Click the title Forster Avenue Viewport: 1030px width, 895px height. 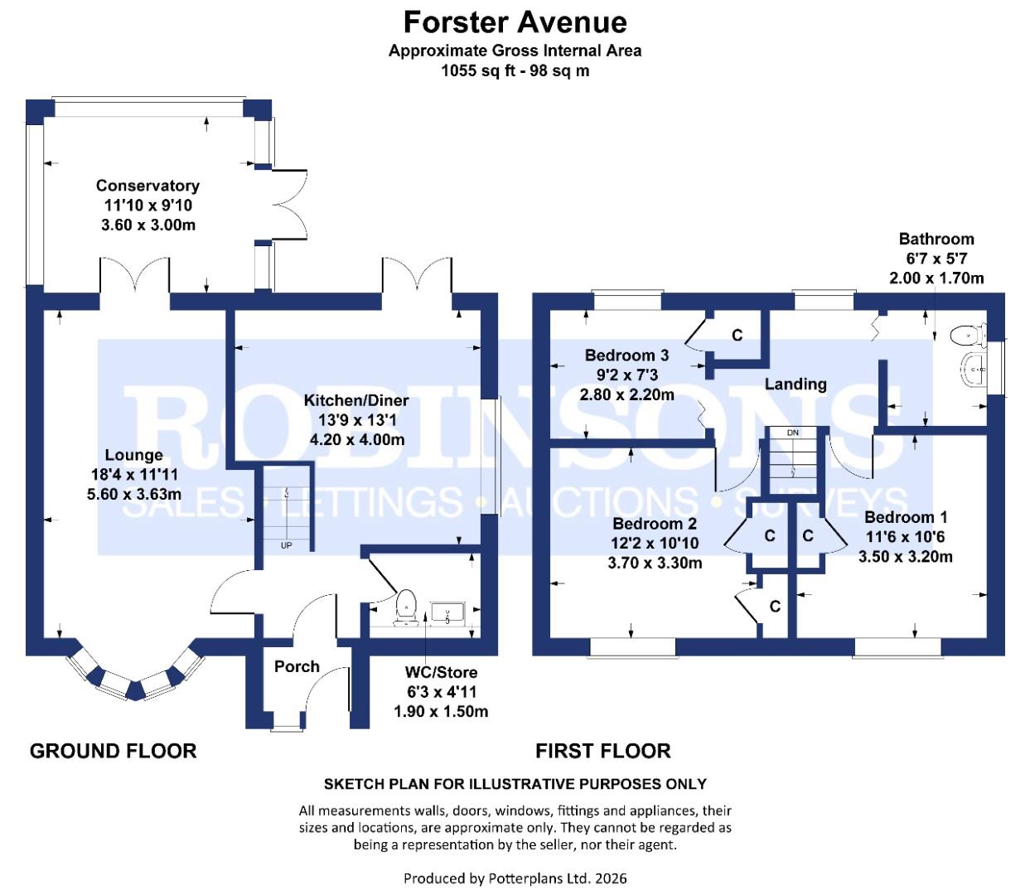coord(515,22)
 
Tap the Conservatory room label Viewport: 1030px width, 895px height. coord(147,186)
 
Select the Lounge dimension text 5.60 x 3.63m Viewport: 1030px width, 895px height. coord(133,494)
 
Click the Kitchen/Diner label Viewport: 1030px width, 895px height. coord(356,400)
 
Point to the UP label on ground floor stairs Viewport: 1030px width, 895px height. coord(286,545)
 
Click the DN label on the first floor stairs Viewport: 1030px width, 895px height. coord(793,433)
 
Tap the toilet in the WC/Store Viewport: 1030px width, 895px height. coord(406,604)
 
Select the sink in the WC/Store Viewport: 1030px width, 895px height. coord(447,614)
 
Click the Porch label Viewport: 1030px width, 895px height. coord(297,666)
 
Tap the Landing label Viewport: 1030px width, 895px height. coord(795,384)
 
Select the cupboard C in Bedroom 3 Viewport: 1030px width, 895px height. coord(737,336)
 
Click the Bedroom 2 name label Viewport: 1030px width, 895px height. coord(655,524)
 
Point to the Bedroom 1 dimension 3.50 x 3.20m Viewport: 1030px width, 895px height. coord(905,557)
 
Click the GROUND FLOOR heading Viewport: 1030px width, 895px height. coord(114,751)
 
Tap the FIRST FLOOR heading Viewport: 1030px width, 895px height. coord(602,751)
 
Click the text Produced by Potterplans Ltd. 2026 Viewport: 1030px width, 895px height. coord(515,878)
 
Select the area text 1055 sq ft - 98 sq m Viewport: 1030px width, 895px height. coord(515,70)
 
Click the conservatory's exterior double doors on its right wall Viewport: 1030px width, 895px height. coord(289,205)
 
